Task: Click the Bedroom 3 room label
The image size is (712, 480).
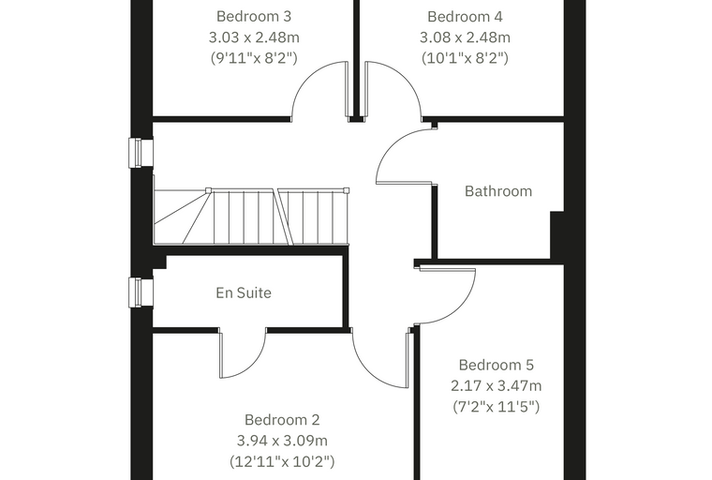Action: [253, 16]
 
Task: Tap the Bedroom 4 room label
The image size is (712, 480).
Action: [465, 16]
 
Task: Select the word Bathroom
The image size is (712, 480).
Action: [498, 191]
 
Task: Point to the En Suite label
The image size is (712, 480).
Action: [244, 292]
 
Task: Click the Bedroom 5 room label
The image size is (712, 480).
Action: [496, 365]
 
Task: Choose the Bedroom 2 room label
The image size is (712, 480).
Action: [282, 420]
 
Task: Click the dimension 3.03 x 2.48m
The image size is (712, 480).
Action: [254, 37]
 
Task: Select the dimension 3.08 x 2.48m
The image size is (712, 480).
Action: [465, 37]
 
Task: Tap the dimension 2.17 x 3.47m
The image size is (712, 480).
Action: [496, 386]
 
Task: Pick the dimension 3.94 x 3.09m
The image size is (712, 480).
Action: [282, 441]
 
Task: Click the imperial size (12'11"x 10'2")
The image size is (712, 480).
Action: [282, 461]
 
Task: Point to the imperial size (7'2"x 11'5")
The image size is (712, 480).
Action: [496, 406]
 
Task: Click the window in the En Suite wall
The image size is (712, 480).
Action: [141, 292]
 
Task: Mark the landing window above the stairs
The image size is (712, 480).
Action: [141, 153]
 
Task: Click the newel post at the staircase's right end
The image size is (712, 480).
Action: [347, 190]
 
